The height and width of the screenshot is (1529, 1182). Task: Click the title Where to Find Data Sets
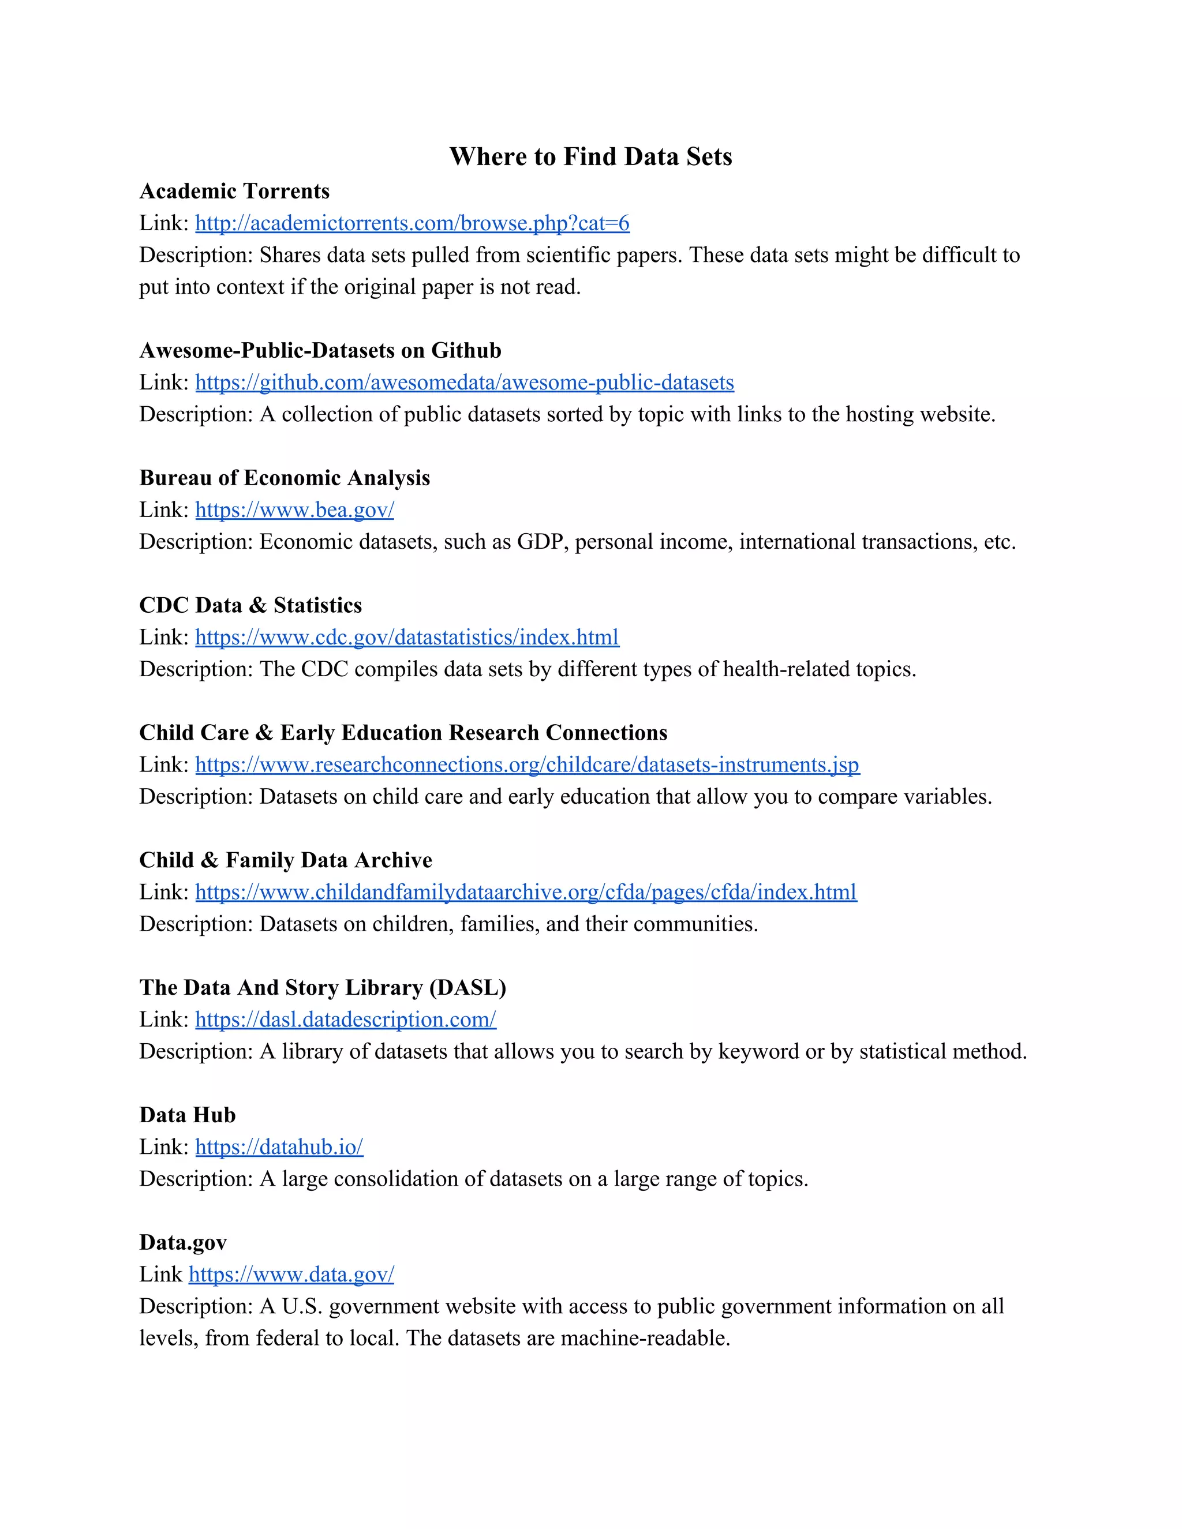pos(590,157)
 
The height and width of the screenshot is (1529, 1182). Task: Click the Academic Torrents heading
pos(234,191)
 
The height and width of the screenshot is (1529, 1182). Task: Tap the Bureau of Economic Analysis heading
pos(285,478)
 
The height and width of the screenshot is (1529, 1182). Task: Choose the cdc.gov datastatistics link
pos(407,637)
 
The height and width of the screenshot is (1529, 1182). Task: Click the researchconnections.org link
pos(528,765)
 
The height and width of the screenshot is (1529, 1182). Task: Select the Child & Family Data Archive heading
pos(286,860)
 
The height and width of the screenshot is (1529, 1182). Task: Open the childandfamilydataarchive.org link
pos(526,892)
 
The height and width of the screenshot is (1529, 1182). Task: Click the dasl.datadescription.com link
pos(345,1020)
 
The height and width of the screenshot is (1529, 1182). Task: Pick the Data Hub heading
pos(188,1115)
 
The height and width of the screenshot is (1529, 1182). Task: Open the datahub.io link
pos(279,1147)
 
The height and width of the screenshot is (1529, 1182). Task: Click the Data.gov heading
pos(184,1242)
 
